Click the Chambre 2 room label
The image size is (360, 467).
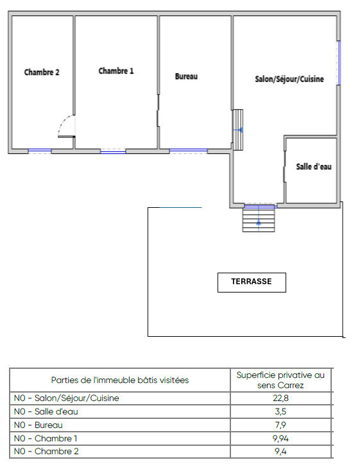[42, 72]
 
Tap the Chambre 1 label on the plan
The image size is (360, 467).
[116, 71]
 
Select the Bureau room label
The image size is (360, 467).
[186, 76]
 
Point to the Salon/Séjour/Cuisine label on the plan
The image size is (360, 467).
[289, 80]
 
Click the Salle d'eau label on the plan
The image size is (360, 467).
[314, 167]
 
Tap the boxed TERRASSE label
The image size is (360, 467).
[252, 282]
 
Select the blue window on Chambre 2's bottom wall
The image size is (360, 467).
[40, 151]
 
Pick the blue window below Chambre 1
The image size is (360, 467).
[113, 151]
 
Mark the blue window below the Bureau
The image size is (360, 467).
[189, 150]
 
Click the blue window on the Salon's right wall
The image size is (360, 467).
[339, 63]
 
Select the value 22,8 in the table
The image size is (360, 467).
[280, 398]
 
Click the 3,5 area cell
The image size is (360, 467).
[280, 412]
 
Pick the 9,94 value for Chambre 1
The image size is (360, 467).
[280, 438]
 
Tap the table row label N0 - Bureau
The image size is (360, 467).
[38, 425]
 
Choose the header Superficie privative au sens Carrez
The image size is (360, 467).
[280, 380]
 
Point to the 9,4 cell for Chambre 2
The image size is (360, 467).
[280, 452]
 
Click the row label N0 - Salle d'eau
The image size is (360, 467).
[46, 412]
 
